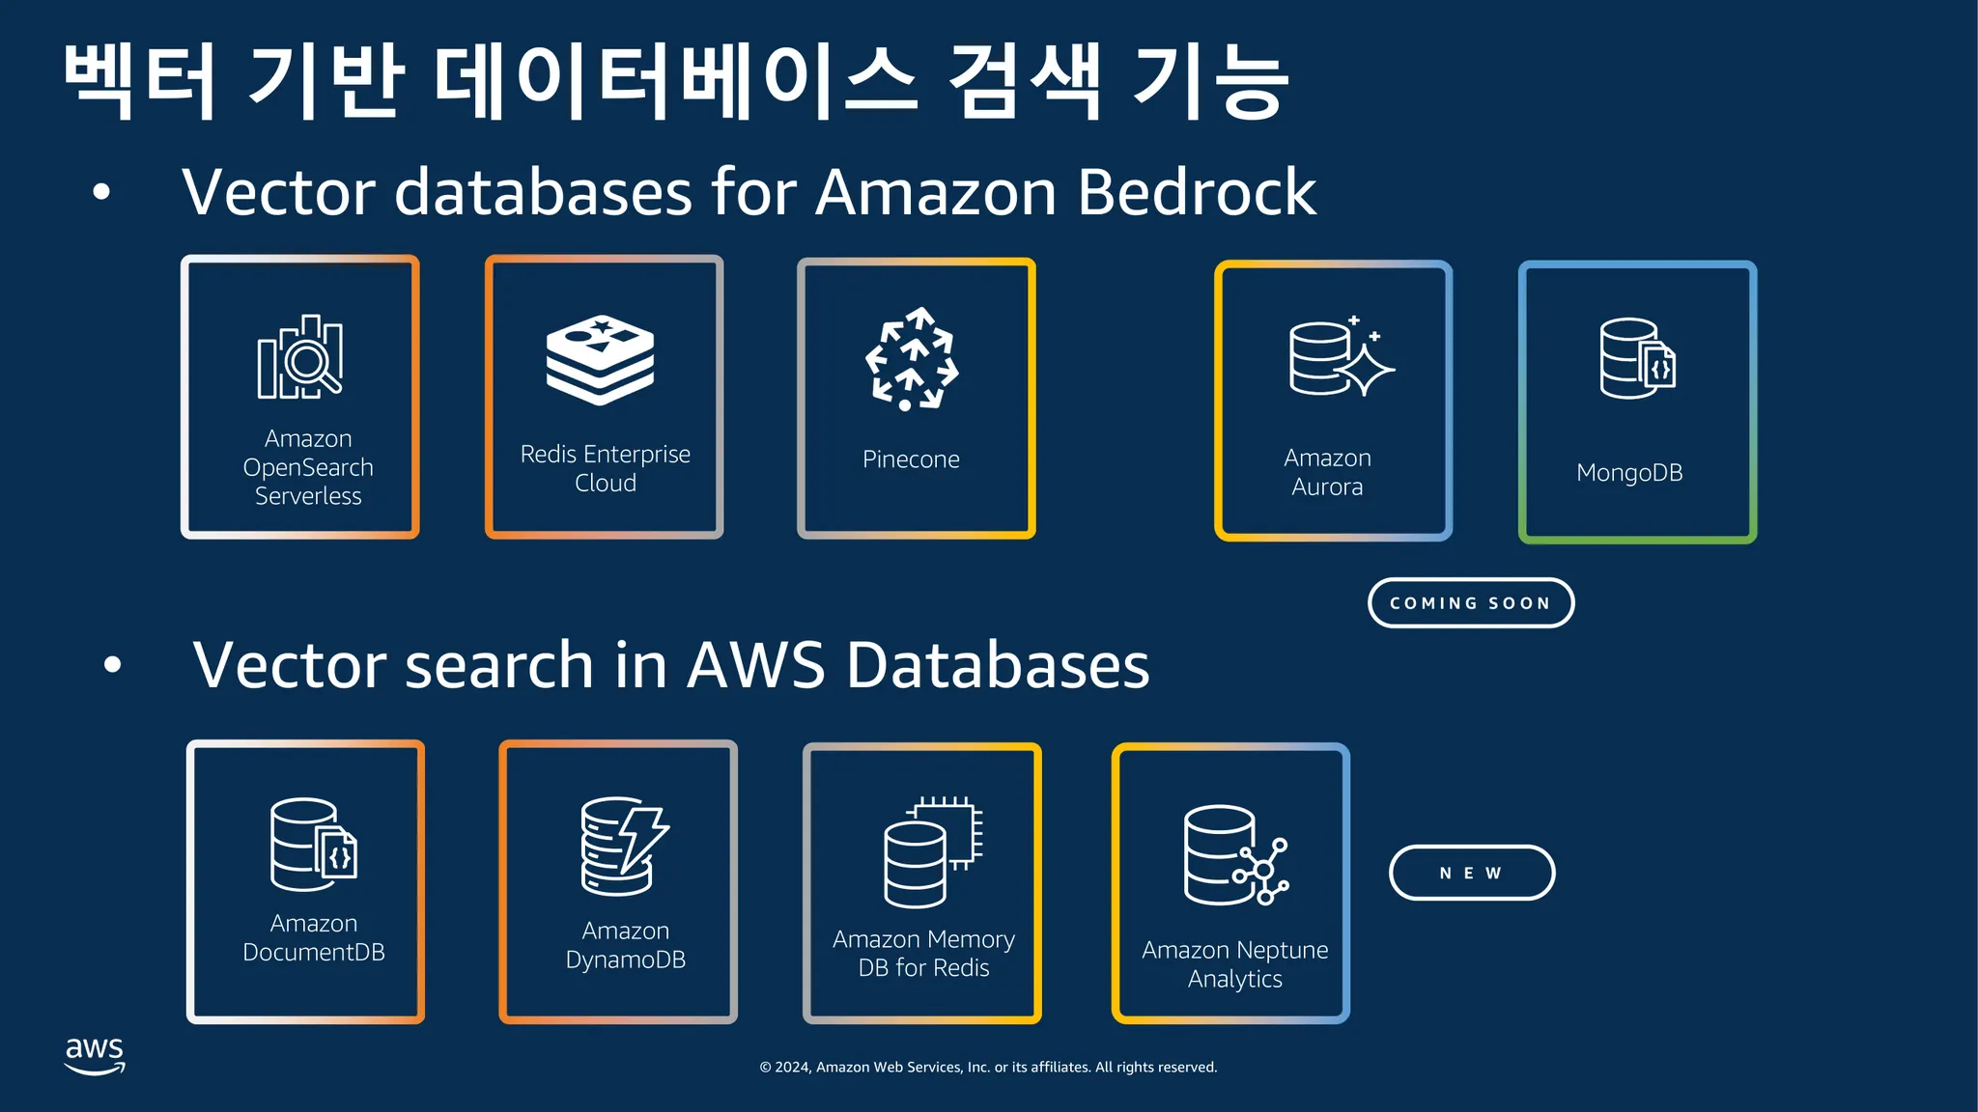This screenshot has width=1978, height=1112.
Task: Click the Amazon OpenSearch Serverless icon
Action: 300,357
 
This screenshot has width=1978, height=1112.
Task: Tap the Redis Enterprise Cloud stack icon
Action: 600,359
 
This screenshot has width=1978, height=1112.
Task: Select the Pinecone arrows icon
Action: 912,359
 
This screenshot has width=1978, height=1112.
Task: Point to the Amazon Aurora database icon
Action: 1340,357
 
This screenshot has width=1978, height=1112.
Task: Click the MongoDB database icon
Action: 1637,358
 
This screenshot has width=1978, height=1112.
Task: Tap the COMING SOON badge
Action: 1471,603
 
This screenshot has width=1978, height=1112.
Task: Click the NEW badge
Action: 1472,873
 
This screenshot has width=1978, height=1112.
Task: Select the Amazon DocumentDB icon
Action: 314,844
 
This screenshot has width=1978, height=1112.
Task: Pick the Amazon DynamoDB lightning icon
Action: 625,846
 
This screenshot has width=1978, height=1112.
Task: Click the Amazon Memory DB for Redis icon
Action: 932,851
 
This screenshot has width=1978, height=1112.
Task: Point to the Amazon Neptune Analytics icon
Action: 1235,855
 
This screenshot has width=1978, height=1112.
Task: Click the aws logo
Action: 95,1055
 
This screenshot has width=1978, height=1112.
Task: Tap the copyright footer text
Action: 988,1068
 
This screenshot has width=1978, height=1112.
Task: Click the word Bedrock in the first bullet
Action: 1196,192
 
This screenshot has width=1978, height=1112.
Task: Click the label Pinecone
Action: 911,459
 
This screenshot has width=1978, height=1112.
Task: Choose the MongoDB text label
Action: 1629,473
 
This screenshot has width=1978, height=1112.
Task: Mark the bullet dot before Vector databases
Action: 101,192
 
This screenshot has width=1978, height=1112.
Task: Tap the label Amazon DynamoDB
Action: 626,945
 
